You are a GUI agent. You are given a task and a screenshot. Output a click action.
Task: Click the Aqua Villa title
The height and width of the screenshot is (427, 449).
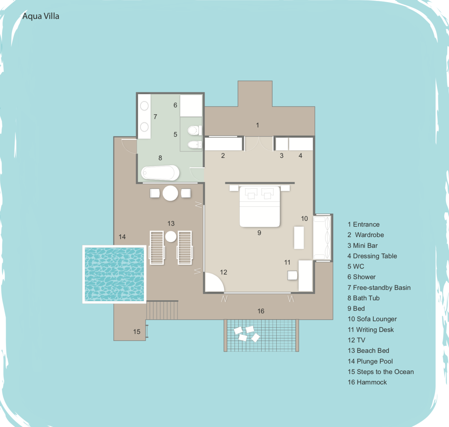click(x=41, y=16)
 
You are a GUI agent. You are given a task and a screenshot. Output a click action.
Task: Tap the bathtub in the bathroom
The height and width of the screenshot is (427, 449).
click(x=160, y=173)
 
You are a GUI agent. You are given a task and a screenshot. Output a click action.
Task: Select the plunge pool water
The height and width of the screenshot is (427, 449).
click(x=114, y=274)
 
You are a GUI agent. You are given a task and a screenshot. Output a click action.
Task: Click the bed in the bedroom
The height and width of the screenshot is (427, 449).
click(x=260, y=207)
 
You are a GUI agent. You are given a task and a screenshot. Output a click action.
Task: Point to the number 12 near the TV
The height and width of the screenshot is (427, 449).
click(x=223, y=272)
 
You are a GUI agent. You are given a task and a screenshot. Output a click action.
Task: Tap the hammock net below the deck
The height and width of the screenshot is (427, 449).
click(x=261, y=335)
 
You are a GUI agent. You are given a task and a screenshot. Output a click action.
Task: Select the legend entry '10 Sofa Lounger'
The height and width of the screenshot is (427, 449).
click(x=372, y=319)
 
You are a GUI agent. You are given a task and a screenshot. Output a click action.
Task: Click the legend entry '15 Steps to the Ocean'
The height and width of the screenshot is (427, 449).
click(x=381, y=372)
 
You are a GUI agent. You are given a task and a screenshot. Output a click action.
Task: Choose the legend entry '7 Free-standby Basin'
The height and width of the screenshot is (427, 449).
click(x=379, y=287)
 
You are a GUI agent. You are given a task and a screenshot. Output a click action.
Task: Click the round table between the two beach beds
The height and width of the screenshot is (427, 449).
click(x=171, y=236)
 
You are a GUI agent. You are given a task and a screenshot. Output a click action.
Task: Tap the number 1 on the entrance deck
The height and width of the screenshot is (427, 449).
click(x=257, y=125)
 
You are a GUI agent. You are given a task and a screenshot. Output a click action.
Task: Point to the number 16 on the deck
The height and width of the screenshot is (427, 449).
click(x=261, y=311)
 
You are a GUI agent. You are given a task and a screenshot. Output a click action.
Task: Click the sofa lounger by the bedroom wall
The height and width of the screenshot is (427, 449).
click(x=322, y=237)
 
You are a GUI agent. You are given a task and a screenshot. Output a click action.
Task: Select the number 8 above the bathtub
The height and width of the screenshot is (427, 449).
click(x=160, y=158)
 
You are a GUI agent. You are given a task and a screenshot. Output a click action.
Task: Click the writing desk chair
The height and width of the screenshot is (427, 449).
click(x=292, y=275)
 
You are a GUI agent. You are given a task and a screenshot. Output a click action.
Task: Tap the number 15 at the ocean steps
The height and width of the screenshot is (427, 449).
click(x=137, y=332)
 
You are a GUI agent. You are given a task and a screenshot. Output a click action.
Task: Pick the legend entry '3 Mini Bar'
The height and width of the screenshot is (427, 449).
click(x=362, y=245)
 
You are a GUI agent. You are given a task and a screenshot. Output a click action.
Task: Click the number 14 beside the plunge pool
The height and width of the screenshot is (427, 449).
click(x=122, y=237)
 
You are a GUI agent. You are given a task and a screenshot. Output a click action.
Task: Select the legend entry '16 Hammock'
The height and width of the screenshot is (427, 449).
click(x=367, y=382)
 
